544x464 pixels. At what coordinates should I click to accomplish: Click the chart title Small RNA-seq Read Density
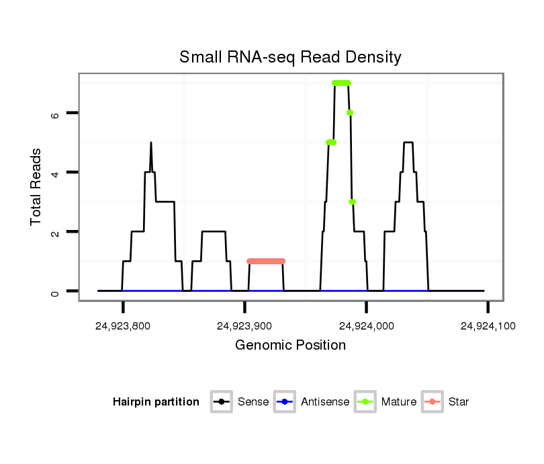[x=290, y=57]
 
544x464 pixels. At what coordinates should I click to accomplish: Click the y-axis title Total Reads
[x=37, y=187]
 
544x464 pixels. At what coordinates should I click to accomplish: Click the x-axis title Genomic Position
[x=290, y=346]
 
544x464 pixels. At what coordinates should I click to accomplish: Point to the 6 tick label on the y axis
[x=56, y=114]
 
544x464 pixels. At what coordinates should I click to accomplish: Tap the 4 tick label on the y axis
[x=56, y=173]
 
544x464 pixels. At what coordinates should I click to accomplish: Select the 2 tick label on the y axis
[x=56, y=232]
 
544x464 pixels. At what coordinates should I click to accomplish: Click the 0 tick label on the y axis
[x=56, y=291]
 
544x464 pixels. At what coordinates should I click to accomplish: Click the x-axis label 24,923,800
[x=123, y=326]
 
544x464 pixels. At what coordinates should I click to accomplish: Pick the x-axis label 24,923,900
[x=244, y=326]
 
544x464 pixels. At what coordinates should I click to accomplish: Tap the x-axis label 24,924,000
[x=366, y=326]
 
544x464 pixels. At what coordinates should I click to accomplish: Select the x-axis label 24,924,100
[x=488, y=326]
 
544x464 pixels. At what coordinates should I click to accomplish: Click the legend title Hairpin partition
[x=156, y=402]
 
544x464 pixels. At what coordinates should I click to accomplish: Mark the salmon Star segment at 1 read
[x=266, y=261]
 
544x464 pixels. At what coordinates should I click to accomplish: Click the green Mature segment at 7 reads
[x=341, y=83]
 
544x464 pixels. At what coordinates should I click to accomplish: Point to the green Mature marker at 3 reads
[x=352, y=202]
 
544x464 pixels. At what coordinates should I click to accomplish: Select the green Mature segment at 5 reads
[x=330, y=142]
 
